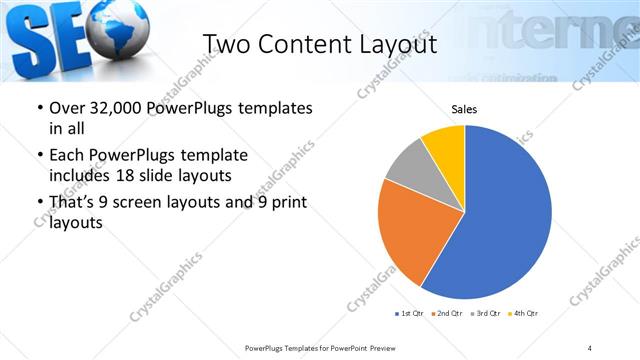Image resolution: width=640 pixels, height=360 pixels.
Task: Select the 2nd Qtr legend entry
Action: [445, 314]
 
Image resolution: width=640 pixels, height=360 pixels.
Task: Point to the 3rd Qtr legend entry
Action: [483, 314]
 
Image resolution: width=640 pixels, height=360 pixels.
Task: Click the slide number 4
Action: [590, 347]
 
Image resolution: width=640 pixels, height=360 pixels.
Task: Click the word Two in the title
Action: [225, 44]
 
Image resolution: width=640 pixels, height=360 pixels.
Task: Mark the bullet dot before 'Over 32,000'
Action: [39, 108]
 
